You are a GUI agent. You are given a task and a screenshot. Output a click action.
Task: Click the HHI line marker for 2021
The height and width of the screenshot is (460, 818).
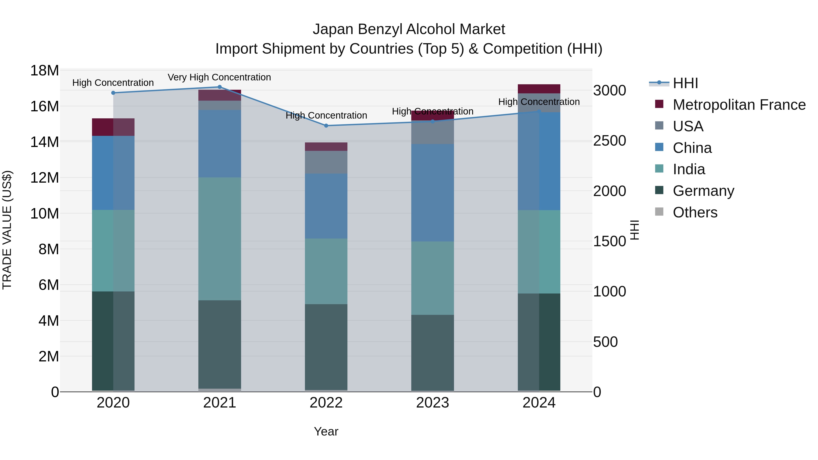[219, 87]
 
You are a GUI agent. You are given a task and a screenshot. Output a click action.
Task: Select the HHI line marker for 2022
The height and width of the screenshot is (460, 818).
[326, 126]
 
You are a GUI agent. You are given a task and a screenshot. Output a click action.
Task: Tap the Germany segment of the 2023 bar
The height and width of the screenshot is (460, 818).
[432, 352]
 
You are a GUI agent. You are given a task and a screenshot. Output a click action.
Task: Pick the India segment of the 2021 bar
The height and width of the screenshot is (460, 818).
[219, 239]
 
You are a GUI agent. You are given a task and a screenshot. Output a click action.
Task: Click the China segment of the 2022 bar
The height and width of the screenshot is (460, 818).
[326, 206]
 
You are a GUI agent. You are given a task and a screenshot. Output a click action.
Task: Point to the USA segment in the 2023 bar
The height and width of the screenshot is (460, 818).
[432, 133]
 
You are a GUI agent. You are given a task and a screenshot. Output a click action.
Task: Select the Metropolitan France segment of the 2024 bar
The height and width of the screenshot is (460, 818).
[539, 89]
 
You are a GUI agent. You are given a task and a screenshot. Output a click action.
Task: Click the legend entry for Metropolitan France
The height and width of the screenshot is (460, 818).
[739, 105]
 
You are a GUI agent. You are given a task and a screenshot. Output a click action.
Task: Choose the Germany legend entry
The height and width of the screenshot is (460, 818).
[703, 191]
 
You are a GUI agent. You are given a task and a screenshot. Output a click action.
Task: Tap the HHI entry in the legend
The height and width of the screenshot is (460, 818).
[685, 83]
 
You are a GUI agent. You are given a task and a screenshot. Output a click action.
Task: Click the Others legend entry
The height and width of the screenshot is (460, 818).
[695, 212]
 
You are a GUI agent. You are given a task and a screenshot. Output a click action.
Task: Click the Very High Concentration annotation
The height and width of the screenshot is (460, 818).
[219, 77]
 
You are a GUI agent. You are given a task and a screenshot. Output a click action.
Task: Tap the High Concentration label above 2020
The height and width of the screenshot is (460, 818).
[113, 82]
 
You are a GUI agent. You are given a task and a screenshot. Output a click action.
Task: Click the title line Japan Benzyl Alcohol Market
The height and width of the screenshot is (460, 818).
[409, 29]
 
